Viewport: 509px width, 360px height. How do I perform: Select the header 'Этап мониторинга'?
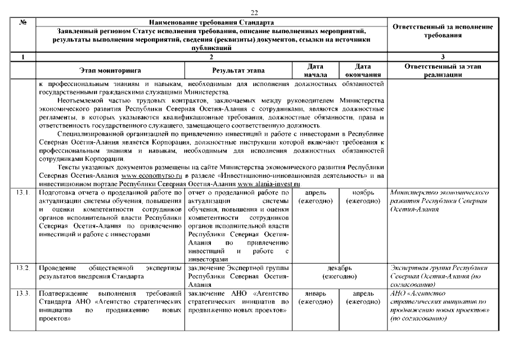pos(110,71)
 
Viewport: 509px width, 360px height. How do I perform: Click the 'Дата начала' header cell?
pos(315,71)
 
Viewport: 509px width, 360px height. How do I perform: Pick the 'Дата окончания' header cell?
pos(363,71)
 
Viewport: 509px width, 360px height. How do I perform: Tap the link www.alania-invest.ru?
pos(269,184)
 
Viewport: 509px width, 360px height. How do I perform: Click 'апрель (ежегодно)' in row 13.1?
pos(315,197)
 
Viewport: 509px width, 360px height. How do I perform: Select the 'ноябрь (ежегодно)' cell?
pos(363,197)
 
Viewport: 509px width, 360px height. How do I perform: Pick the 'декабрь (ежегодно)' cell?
pos(339,272)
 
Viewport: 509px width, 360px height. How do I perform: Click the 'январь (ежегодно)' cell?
pos(315,298)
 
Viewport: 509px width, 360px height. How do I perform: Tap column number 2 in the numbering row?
pos(211,57)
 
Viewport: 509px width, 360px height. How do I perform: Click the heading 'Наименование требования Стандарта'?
pos(211,21)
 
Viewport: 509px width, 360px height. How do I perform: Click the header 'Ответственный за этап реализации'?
pos(442,71)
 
